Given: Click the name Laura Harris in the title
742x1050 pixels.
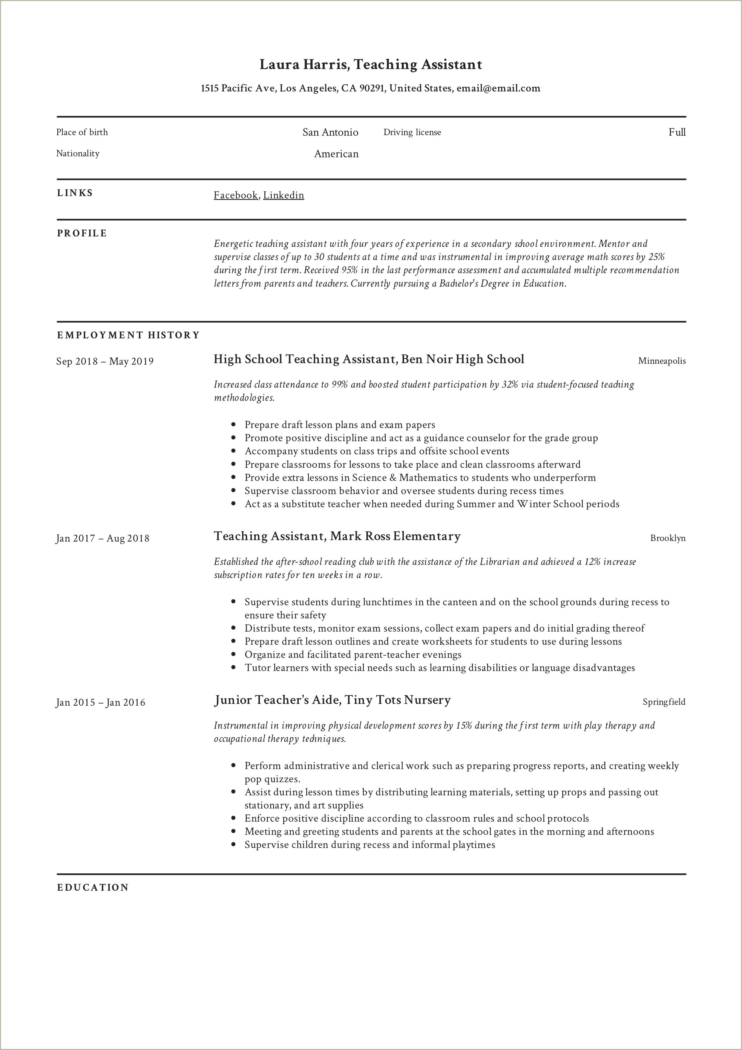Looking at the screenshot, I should (304, 65).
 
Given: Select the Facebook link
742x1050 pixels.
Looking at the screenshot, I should (235, 195).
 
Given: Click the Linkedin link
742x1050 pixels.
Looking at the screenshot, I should (283, 195).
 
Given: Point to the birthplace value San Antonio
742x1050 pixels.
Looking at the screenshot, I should (330, 132).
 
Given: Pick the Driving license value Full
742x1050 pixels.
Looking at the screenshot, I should (677, 132).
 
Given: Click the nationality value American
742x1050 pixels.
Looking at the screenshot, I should (336, 154).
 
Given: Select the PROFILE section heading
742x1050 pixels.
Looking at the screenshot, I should (82, 233).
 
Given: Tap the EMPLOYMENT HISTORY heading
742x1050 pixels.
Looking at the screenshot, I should (128, 335).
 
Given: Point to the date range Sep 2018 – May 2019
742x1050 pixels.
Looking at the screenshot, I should (105, 361).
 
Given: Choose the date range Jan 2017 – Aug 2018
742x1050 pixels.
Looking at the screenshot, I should (102, 538).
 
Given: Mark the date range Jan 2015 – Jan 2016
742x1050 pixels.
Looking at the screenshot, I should (101, 702).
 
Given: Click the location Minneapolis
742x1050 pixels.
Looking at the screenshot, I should (662, 361).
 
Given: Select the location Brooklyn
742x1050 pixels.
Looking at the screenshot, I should (668, 538).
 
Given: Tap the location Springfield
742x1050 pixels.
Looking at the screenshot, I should (664, 702).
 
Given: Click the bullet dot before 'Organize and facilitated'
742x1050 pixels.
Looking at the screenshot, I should (234, 655).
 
